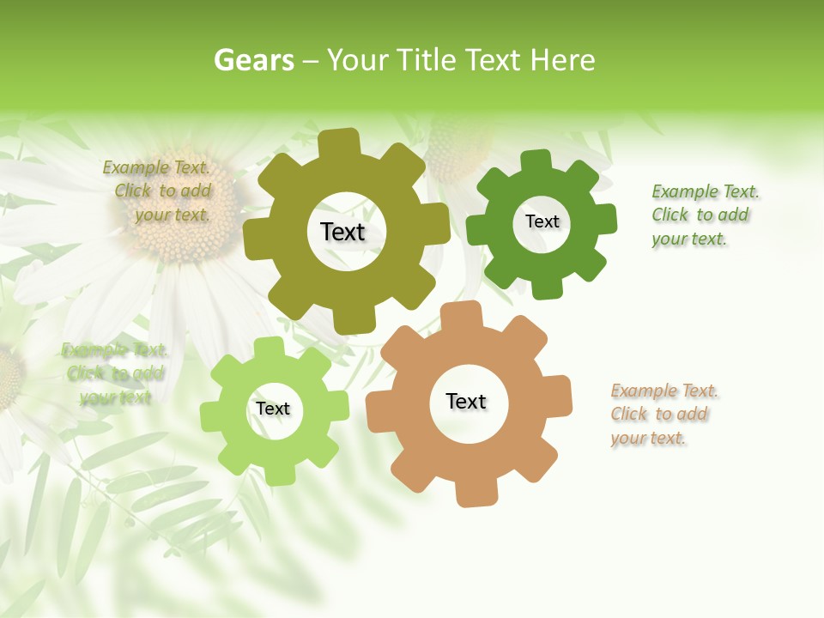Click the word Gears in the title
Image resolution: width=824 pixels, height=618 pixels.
click(x=253, y=60)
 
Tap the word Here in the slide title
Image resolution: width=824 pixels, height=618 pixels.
click(x=562, y=60)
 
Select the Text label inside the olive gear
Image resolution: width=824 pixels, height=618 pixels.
click(x=342, y=232)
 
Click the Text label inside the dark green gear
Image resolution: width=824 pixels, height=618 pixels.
click(x=542, y=221)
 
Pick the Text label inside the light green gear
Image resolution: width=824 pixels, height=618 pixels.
click(x=273, y=409)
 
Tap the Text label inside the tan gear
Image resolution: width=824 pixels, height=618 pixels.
click(x=466, y=401)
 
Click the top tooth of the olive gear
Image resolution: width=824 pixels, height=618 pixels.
click(x=339, y=142)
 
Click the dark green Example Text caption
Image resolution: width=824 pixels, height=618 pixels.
click(x=704, y=215)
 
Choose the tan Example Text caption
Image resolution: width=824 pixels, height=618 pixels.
click(x=663, y=415)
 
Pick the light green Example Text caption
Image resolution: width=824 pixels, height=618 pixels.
click(x=115, y=373)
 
